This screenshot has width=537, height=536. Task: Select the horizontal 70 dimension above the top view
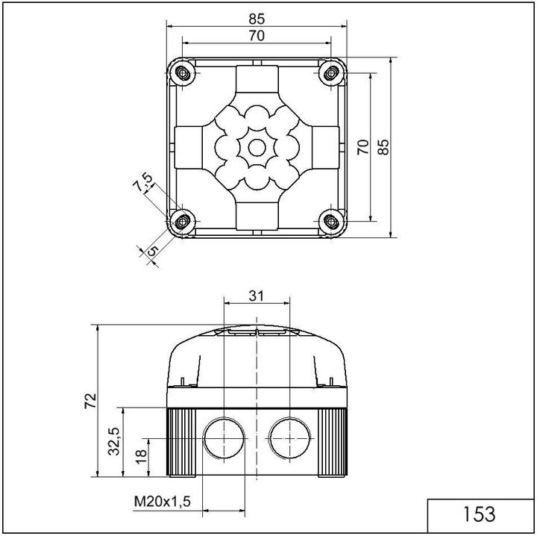click(x=257, y=34)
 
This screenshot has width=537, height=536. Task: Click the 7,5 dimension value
click(x=142, y=183)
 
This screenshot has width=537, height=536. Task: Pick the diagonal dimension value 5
click(x=151, y=252)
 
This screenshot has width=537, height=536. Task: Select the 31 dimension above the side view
click(x=257, y=296)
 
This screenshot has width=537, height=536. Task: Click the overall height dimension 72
click(x=89, y=400)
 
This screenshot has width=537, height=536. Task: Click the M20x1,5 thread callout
click(x=163, y=502)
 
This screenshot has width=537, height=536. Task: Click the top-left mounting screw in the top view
click(x=182, y=73)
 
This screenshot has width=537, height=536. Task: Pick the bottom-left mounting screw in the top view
click(x=182, y=220)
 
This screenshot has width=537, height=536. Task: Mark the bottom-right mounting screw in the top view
click(x=330, y=220)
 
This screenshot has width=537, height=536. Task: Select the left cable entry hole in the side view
click(x=222, y=437)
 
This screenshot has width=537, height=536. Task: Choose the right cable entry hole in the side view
click(x=289, y=437)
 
